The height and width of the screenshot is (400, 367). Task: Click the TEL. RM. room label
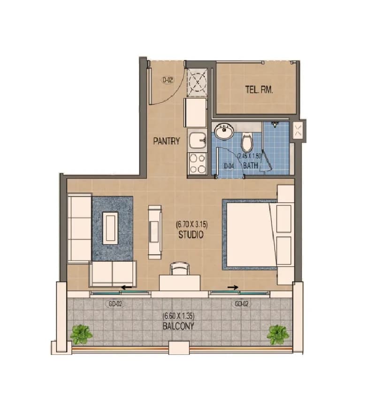coord(259,89)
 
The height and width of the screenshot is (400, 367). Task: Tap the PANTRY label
coord(167,141)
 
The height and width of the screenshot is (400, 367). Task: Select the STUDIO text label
coord(191,235)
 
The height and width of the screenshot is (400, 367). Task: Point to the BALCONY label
coord(178,326)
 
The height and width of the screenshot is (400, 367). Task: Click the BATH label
coord(251,165)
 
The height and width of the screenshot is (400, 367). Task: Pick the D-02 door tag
coord(168,80)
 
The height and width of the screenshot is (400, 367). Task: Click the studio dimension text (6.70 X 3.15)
coord(192,225)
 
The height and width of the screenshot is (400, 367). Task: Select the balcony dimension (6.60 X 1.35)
coord(178,316)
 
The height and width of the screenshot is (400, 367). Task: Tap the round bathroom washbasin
coord(224,131)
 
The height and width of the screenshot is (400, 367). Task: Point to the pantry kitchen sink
coord(198,141)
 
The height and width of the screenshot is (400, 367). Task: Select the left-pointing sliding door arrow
coord(126,288)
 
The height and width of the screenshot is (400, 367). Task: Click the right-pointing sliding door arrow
coord(233,287)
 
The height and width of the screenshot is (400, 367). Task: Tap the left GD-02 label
coord(115,304)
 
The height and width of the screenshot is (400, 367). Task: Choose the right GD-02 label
coord(241,304)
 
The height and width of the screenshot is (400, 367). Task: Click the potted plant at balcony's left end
coord(82,335)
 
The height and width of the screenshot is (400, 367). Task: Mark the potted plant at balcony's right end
coord(278,335)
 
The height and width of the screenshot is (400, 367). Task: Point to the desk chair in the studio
coord(180,268)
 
